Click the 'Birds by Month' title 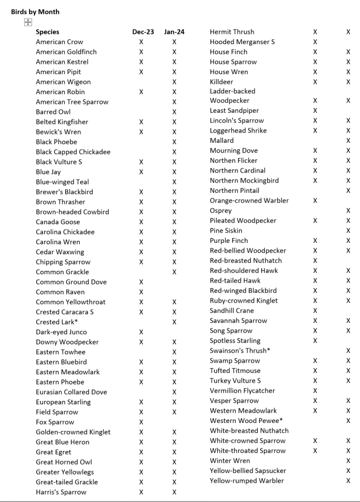(x=35, y=12)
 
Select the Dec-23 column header (x=143, y=32)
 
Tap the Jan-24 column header (x=174, y=32)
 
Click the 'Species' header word (x=48, y=32)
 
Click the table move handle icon (x=28, y=22)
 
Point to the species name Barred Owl (x=53, y=112)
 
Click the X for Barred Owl (x=174, y=112)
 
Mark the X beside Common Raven (x=141, y=292)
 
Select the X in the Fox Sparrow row (x=141, y=422)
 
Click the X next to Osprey (x=348, y=211)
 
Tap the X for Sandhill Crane (x=315, y=311)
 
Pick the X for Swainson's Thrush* (x=348, y=350)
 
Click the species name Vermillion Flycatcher (x=242, y=391)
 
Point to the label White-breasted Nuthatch (x=249, y=431)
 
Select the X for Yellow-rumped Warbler (x=348, y=480)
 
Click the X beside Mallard (x=348, y=141)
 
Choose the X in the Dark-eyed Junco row (x=141, y=332)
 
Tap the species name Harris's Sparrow (x=61, y=492)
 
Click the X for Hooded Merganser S (x=315, y=42)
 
